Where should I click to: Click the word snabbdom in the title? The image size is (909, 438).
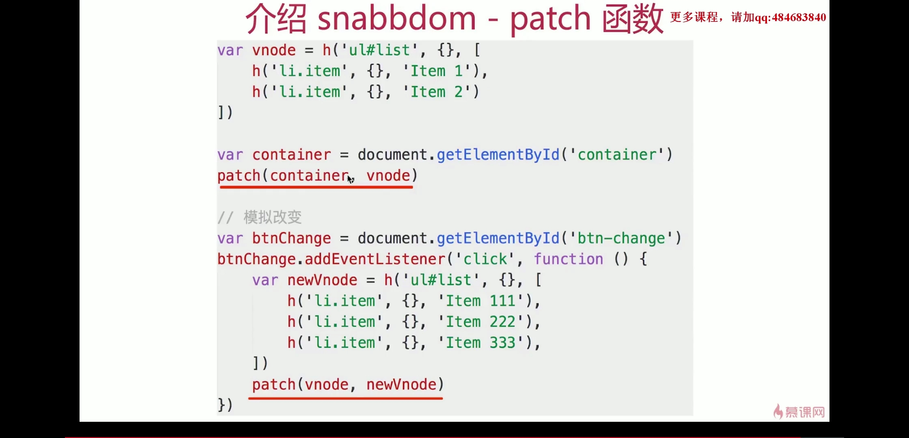[x=396, y=19]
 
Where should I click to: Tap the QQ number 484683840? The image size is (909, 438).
[x=799, y=17]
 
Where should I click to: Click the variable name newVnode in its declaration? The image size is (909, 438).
[x=322, y=280]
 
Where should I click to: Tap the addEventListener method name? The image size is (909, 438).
[x=375, y=259]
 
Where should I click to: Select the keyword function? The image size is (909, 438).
[x=568, y=259]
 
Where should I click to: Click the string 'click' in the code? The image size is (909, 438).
[x=485, y=259]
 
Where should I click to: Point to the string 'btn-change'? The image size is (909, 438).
[x=621, y=238]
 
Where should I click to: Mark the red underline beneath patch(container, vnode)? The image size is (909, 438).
[x=316, y=187]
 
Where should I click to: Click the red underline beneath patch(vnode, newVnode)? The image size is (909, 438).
[x=345, y=398]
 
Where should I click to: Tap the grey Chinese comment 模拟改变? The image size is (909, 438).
[x=272, y=217]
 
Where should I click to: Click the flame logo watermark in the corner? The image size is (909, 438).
[x=778, y=411]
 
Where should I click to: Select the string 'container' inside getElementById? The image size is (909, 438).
[x=617, y=155]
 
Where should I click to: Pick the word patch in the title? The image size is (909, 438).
[x=550, y=19]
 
